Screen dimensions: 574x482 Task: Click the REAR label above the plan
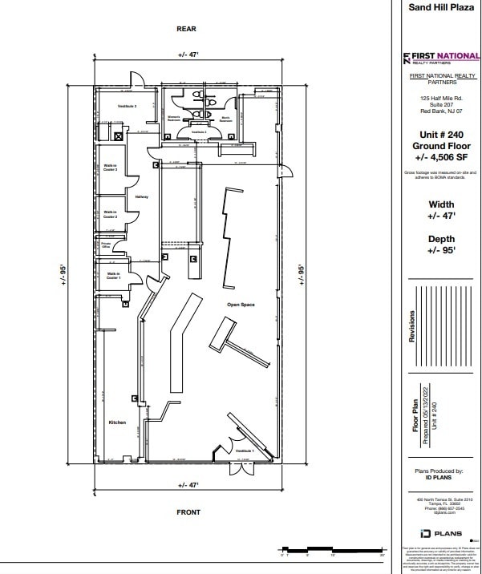(186, 29)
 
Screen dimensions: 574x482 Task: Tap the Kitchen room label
(117, 422)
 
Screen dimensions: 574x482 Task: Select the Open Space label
(241, 305)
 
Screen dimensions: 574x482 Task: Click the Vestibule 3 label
(128, 106)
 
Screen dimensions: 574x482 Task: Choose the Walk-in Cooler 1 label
(113, 277)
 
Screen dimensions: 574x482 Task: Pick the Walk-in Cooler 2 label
(111, 214)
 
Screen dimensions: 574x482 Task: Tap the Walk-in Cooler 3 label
(111, 168)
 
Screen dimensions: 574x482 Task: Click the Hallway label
(141, 196)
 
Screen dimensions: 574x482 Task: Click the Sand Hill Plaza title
(442, 6)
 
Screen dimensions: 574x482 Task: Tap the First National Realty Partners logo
(441, 58)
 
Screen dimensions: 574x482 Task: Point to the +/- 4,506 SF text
(441, 158)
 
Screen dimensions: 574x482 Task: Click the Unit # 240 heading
(441, 135)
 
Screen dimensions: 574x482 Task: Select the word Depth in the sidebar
(441, 239)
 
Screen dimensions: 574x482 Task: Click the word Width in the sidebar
(441, 204)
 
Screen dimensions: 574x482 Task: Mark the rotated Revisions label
(413, 326)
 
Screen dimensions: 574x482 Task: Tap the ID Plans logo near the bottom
(440, 533)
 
